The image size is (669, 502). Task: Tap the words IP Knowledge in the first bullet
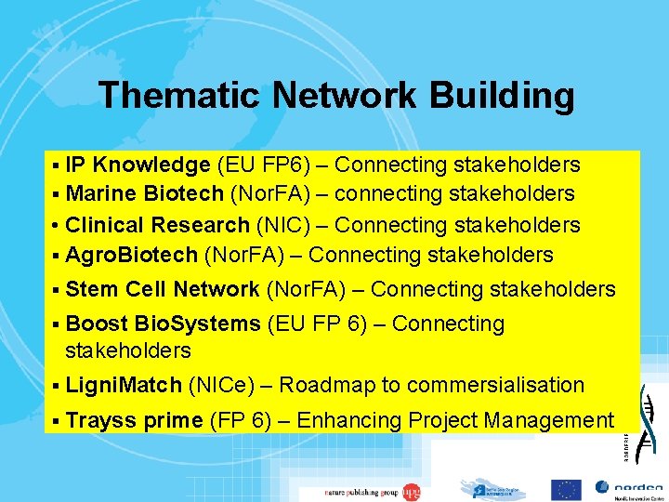(x=138, y=165)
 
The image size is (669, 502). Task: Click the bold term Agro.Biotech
(x=131, y=255)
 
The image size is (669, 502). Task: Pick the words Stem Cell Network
(x=163, y=290)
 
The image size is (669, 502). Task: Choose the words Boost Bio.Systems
(x=163, y=324)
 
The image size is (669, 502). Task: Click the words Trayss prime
(x=134, y=420)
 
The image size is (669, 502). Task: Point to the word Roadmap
(x=324, y=385)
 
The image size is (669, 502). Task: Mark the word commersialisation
(x=495, y=385)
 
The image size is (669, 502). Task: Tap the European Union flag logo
(x=566, y=489)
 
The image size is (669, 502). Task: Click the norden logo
(x=629, y=488)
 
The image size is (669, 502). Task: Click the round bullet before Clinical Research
(x=57, y=226)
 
